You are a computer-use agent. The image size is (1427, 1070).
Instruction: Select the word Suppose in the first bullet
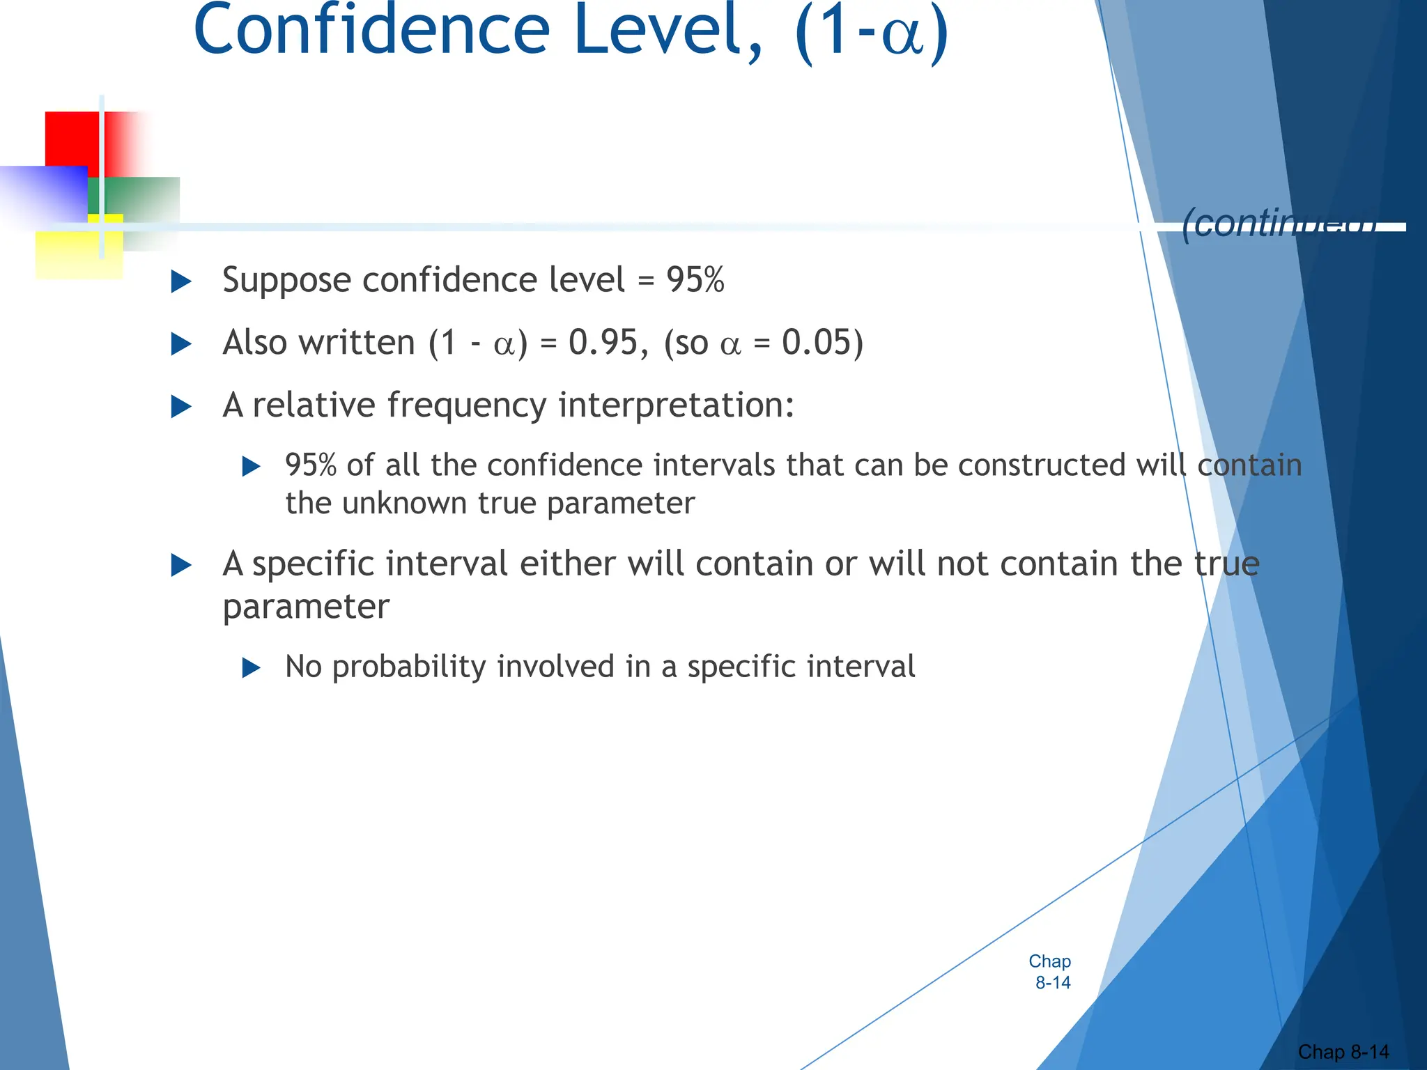point(286,281)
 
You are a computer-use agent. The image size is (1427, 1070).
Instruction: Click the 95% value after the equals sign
point(695,280)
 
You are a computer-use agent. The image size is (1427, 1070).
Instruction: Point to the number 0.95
point(603,343)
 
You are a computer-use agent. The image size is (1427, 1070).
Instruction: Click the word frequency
point(467,405)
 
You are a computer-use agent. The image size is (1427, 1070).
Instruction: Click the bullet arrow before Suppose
point(181,281)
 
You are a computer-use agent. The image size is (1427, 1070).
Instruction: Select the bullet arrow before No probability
point(251,668)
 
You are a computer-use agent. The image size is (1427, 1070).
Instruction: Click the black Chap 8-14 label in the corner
point(1343,1052)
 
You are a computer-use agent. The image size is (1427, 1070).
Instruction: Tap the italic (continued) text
point(1279,224)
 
